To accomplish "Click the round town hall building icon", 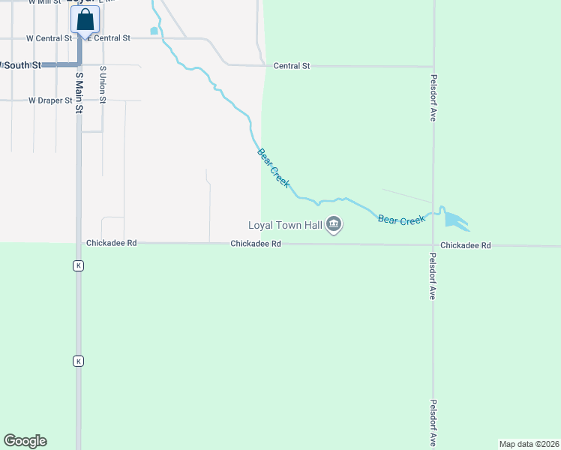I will tap(334, 224).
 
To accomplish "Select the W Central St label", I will tap(49, 38).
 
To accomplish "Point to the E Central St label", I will tap(109, 38).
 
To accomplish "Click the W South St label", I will tap(21, 65).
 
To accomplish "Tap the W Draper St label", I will tap(50, 100).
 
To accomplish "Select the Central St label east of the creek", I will tap(292, 66).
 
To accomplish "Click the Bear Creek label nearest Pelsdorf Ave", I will tap(401, 220).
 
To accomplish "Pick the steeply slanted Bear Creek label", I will tap(274, 168).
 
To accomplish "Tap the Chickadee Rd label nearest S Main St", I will tap(111, 243).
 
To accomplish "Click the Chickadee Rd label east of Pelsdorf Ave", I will tap(465, 245).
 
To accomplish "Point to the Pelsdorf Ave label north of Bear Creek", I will tap(433, 97).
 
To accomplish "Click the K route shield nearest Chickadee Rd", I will tap(77, 265).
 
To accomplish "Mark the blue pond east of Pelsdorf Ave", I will tap(454, 220).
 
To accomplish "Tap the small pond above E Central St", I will tap(154, 31).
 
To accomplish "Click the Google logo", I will tap(25, 441).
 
